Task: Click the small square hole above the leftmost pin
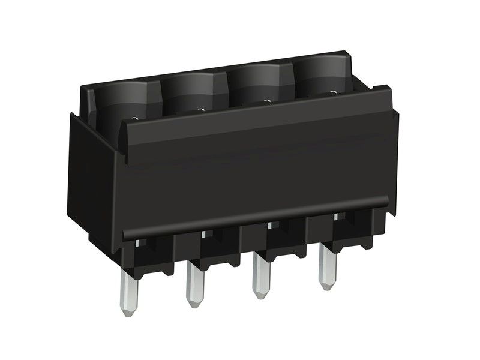(139, 242)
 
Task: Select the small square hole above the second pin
(205, 233)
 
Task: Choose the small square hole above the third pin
(271, 225)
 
